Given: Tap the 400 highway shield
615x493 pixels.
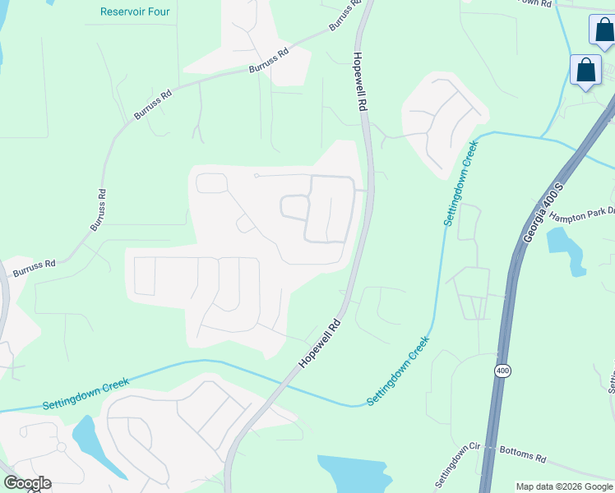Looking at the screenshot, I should pos(502,371).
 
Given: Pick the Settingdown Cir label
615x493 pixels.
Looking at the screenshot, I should pos(456,464).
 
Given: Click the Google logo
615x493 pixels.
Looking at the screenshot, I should pos(27,483).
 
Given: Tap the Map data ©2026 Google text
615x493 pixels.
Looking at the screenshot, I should pos(563,486).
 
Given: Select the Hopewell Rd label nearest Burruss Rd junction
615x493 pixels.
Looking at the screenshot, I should pos(359,82).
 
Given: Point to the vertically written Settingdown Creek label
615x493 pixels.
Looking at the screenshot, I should pos(460,183).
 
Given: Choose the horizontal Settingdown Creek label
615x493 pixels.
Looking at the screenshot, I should pos(86,395).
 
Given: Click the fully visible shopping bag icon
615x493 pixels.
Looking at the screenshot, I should pos(586,71).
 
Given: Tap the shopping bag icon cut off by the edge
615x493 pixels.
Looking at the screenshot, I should pos(603,29).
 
